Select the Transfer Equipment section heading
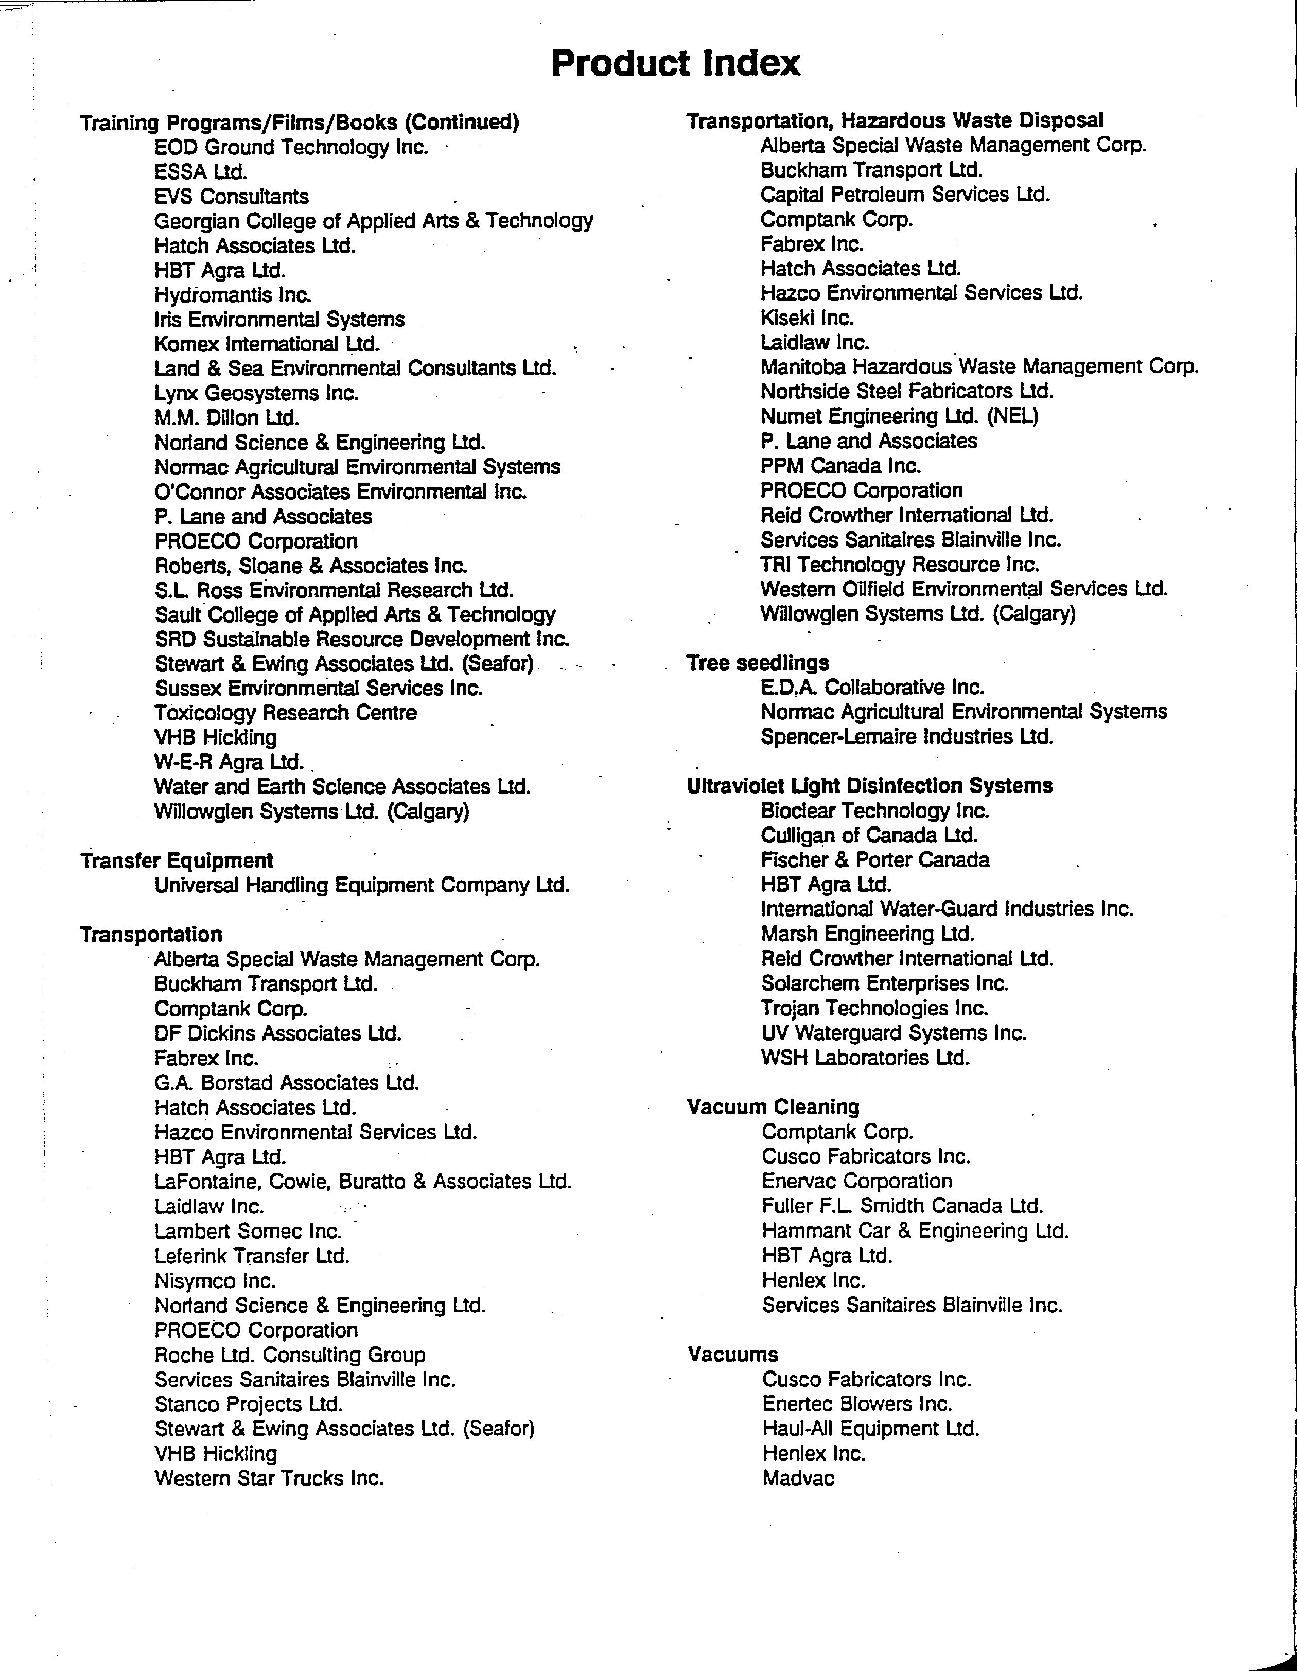(x=177, y=861)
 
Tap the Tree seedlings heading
(x=758, y=663)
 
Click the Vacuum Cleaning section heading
(x=773, y=1107)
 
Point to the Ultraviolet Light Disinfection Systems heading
(x=869, y=786)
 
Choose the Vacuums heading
(x=732, y=1354)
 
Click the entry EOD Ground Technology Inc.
(x=291, y=147)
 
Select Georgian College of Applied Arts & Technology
(x=374, y=221)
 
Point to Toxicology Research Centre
(x=286, y=713)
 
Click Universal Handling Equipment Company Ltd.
(x=362, y=885)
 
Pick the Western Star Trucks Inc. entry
(x=269, y=1478)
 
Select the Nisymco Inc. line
(x=215, y=1281)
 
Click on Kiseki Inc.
(x=807, y=318)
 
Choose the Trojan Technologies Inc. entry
(x=874, y=1008)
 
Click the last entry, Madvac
(x=798, y=1478)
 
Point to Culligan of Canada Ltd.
(x=869, y=836)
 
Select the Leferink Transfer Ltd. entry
(x=252, y=1256)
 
